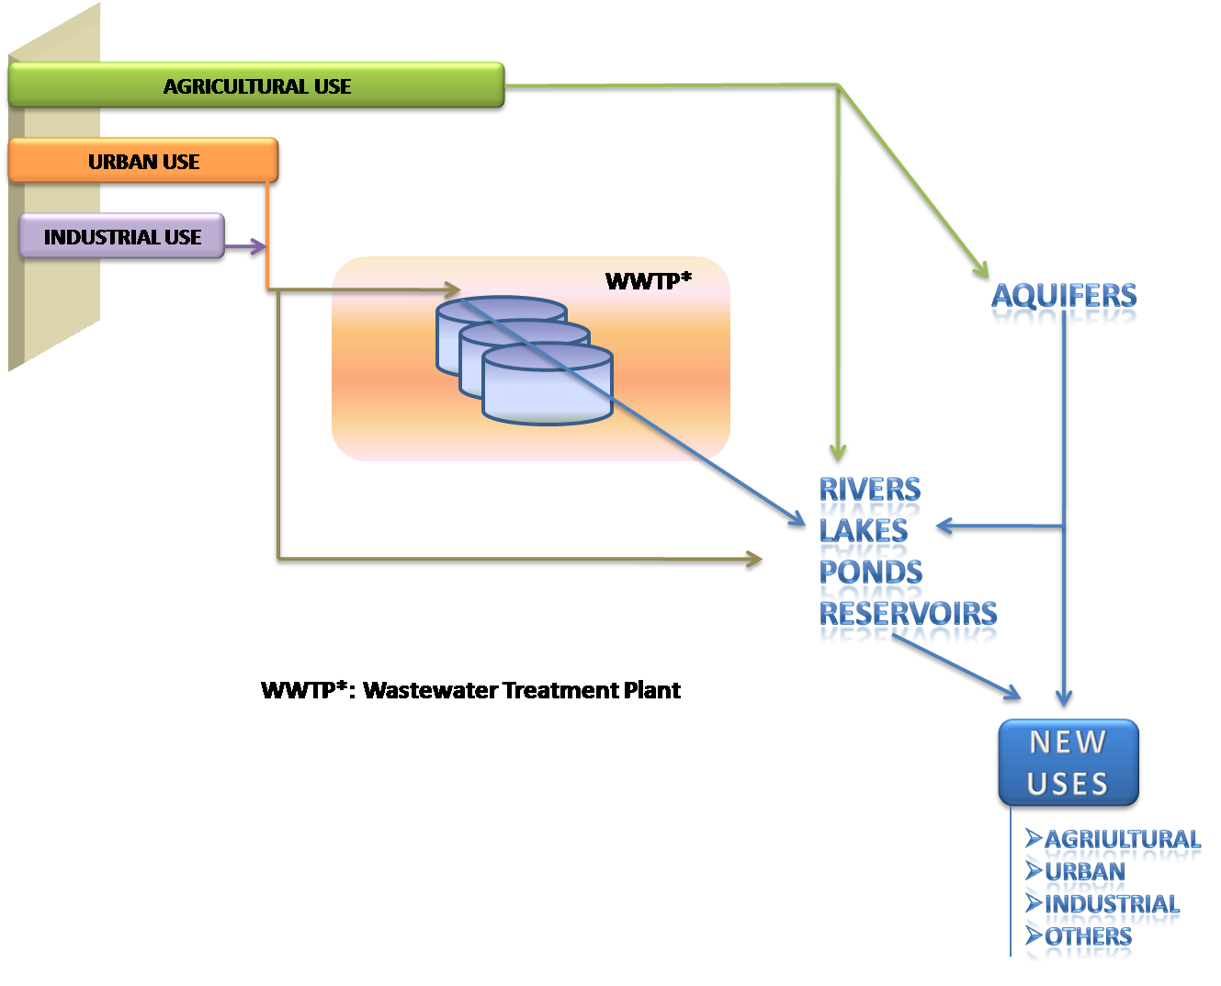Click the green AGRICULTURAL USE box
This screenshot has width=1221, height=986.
tap(256, 85)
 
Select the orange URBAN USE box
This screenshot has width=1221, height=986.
tap(143, 161)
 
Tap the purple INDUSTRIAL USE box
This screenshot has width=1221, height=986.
tap(122, 236)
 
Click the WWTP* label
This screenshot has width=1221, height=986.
tap(648, 281)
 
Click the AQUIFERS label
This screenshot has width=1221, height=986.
tap(1064, 296)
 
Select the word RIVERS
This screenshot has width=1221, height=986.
tap(869, 489)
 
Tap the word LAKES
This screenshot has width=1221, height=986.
tap(863, 530)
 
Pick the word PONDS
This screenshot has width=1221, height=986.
tap(870, 572)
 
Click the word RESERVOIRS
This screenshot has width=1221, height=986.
tap(908, 613)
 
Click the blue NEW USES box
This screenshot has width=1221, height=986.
tap(1068, 763)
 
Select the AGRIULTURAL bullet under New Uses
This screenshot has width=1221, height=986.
tap(1122, 839)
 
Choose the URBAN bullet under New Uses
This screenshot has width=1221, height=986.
tap(1085, 870)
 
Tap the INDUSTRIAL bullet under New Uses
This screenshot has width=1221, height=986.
tap(1112, 904)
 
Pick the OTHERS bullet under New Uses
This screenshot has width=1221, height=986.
tap(1088, 936)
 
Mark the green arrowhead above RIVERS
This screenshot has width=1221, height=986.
tap(838, 450)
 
